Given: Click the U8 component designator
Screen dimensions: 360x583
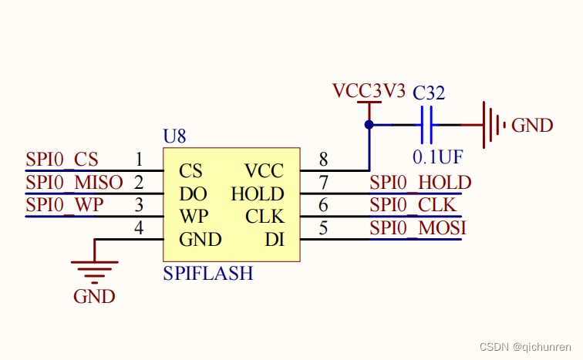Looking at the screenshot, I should [x=174, y=136].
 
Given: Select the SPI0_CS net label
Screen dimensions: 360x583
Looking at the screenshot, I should [x=62, y=160].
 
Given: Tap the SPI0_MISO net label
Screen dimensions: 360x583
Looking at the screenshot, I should [x=74, y=183].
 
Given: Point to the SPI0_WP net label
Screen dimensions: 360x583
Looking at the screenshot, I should [x=64, y=206].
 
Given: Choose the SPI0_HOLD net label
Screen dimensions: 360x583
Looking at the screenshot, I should [x=420, y=183].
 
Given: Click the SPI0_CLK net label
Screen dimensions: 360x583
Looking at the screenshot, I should [x=413, y=206].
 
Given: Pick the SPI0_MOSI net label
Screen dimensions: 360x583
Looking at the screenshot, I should [x=417, y=229].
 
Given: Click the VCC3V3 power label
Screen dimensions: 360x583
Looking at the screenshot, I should [x=369, y=90].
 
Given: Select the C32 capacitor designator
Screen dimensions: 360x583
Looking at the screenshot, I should [x=429, y=93].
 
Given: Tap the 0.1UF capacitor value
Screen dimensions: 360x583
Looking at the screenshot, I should [x=437, y=157].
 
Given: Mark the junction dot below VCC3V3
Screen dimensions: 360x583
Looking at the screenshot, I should [x=369, y=125].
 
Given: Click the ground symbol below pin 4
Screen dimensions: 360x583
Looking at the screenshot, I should [x=94, y=270].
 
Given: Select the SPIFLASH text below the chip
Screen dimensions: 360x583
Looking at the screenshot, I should [x=207, y=273].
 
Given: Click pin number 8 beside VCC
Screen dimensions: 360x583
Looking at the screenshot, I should [x=323, y=160].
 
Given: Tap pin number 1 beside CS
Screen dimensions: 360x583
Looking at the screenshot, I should [x=139, y=160].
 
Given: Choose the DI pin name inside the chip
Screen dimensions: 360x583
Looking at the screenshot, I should [x=275, y=240].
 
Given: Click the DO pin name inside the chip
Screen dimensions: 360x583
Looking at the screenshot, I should [x=191, y=193].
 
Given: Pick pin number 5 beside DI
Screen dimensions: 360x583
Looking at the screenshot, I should [x=323, y=229].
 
